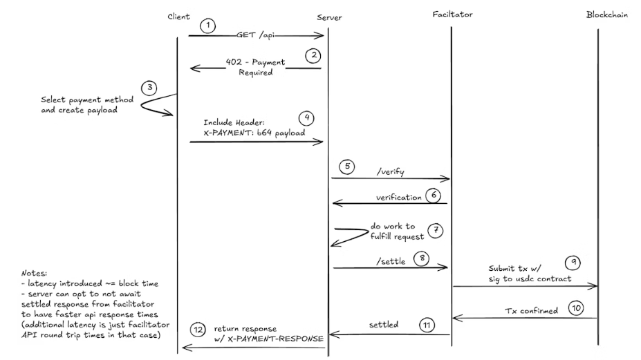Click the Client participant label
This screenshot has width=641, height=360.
[x=178, y=15]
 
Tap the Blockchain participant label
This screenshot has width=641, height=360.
[x=606, y=15]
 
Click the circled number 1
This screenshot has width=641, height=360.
[x=208, y=26]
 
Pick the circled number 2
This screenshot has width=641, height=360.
[x=314, y=55]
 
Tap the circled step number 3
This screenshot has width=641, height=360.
[x=148, y=88]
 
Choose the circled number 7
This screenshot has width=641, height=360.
[x=434, y=230]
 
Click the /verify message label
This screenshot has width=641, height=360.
[x=389, y=171]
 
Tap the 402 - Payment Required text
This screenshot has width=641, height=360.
[x=255, y=66]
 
